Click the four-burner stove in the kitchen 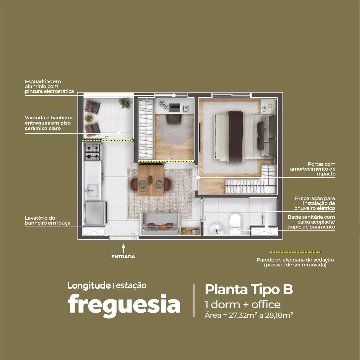pyautogui.click(x=93, y=152)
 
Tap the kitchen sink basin pyautogui.click(x=92, y=190)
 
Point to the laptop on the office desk pyautogui.click(x=175, y=107)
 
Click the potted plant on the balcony pyautogui.click(x=125, y=103)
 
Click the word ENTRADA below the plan pyautogui.click(x=123, y=257)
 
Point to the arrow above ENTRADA pyautogui.click(x=124, y=248)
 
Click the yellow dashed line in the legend pyautogui.click(x=295, y=252)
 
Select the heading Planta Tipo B pyautogui.click(x=249, y=289)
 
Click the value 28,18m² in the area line pyautogui.click(x=279, y=315)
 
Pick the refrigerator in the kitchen pyautogui.click(x=95, y=213)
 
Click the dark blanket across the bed pyautogui.click(x=235, y=136)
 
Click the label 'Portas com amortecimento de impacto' pyautogui.click(x=313, y=169)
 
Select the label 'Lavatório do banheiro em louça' pyautogui.click(x=48, y=220)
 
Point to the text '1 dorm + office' pyautogui.click(x=242, y=305)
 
